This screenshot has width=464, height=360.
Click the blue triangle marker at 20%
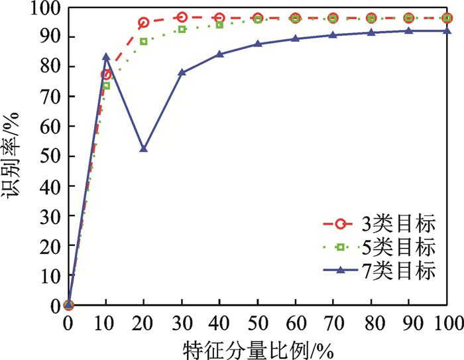click(144, 149)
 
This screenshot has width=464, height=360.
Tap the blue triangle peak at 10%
click(106, 57)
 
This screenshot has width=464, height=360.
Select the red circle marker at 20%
click(144, 23)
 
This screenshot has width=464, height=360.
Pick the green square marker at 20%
click(144, 42)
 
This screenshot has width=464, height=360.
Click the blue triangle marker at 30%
click(182, 72)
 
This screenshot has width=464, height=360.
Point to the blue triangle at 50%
click(258, 44)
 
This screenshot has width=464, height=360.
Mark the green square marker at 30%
click(182, 29)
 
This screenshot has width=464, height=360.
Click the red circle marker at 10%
click(106, 74)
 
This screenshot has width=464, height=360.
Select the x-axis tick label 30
click(182, 322)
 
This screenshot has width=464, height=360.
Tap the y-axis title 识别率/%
click(15, 156)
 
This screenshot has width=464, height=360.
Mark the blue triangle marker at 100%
click(447, 30)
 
